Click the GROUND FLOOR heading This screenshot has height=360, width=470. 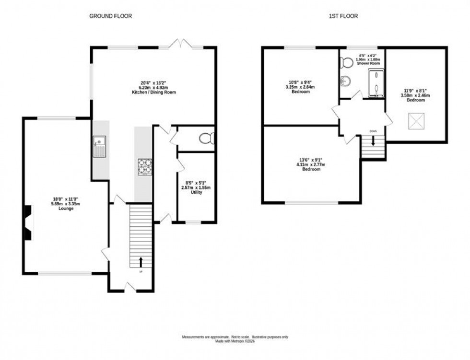pos(110,16)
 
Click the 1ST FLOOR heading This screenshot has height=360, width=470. pos(343,16)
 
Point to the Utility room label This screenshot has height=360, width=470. pos(197,192)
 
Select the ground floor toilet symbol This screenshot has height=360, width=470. pos(207,139)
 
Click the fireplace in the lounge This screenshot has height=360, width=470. pos(29,222)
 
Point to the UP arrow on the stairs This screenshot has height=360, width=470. pos(141,262)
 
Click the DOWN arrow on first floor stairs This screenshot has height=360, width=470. pos(373,141)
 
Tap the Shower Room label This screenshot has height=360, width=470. pos(369,63)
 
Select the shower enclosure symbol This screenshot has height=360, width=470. pos(376,83)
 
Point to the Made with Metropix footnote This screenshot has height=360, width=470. pos(235,341)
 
